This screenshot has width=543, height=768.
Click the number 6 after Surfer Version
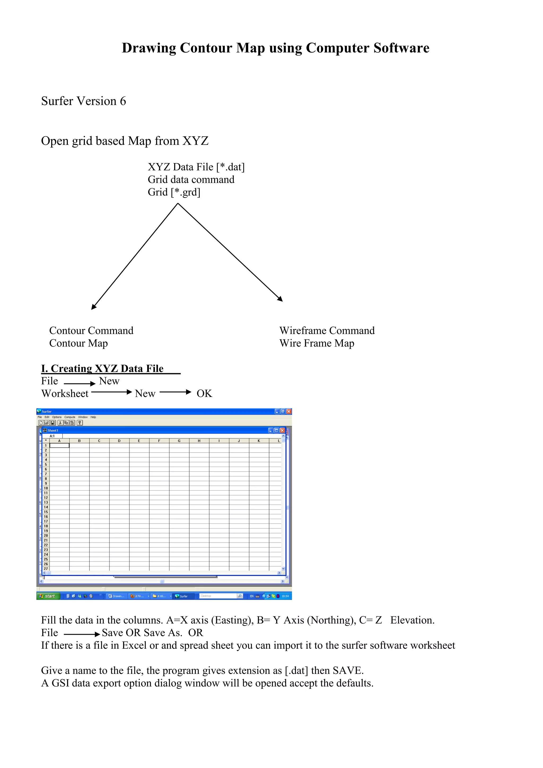pos(123,101)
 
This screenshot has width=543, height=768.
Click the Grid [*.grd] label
pos(174,192)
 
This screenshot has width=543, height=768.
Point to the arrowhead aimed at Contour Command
pos(93,307)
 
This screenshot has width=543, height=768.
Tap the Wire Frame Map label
pos(317,343)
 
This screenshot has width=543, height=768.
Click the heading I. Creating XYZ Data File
pos(102,368)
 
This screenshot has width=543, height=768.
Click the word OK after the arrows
pos(204,394)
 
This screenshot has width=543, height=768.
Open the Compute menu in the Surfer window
pos(69,417)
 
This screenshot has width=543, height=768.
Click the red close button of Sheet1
pos(282,431)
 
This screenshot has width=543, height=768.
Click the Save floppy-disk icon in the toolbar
pos(52,423)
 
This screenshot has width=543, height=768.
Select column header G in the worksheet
pos(179,441)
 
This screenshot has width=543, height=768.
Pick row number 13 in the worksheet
pos(46,502)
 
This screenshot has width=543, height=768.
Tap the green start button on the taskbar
pos(48,596)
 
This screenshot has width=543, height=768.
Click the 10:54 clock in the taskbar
pos(285,596)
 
